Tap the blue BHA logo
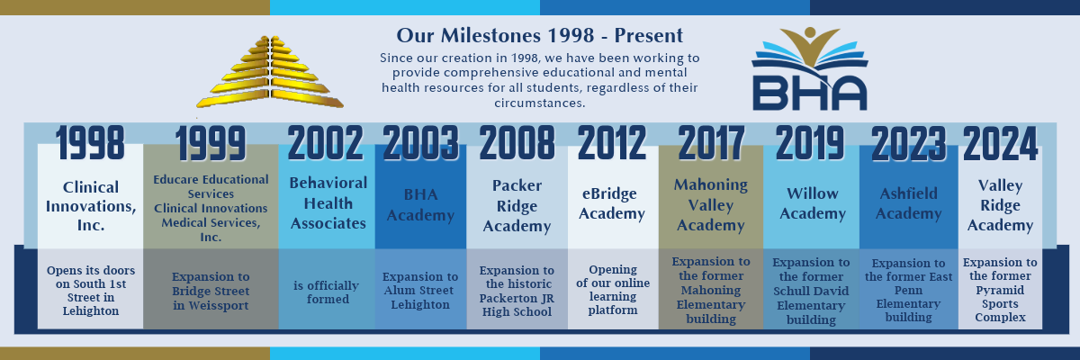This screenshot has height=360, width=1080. (x=809, y=70)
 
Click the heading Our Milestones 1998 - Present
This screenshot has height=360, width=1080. (x=540, y=36)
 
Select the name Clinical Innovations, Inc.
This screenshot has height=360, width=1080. (x=90, y=205)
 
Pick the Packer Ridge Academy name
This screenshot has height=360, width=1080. (x=517, y=205)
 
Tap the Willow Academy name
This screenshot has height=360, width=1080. (x=812, y=204)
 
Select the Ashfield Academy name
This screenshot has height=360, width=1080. (x=908, y=204)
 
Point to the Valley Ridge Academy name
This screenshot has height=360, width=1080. (x=1000, y=205)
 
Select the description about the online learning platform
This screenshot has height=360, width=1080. (x=612, y=290)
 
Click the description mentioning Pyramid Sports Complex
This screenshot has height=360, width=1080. (x=1000, y=290)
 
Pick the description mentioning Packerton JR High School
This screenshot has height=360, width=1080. (x=517, y=290)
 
